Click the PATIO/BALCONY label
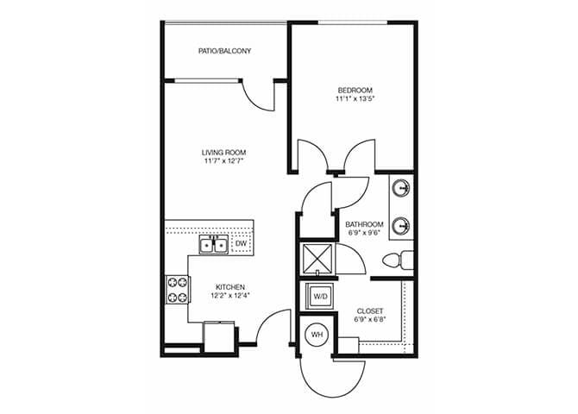[x=224, y=52]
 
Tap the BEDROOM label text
[x=355, y=90]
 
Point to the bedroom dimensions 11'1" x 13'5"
[x=355, y=99]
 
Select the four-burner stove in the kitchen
[x=177, y=289]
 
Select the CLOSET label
[x=368, y=310]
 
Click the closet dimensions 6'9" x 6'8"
[x=368, y=320]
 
